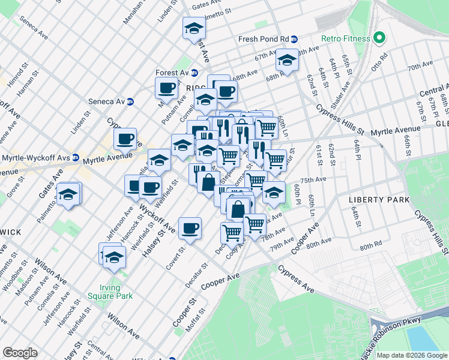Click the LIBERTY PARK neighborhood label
pos(379,199)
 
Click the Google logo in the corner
pos(20,352)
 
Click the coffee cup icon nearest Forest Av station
pos(167,88)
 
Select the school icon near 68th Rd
pos(287,60)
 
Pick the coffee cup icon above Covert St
pos(190,228)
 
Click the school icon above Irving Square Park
pos(113,256)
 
